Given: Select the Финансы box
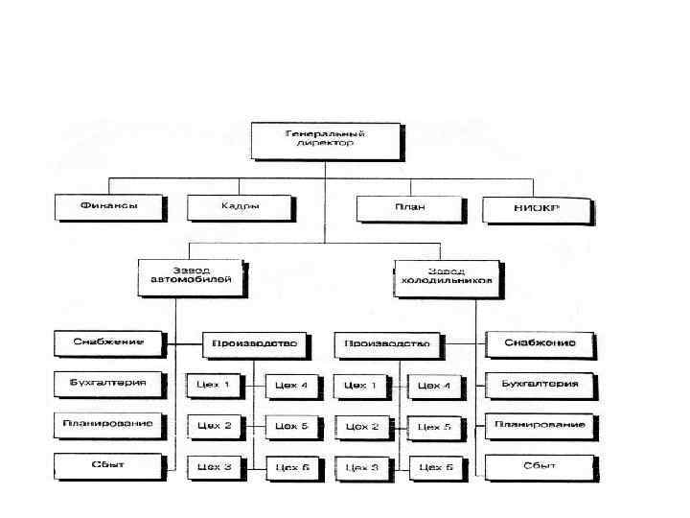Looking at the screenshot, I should (x=108, y=206).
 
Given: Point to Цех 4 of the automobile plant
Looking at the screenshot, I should (x=290, y=386).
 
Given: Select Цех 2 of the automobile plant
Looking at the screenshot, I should (x=214, y=425).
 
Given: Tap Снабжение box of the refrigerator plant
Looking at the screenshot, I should (x=540, y=343).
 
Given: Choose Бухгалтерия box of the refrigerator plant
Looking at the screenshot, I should (x=540, y=385).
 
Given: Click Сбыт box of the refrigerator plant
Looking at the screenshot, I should (x=540, y=467).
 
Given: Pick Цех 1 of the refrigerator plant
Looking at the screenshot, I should (x=361, y=386).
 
